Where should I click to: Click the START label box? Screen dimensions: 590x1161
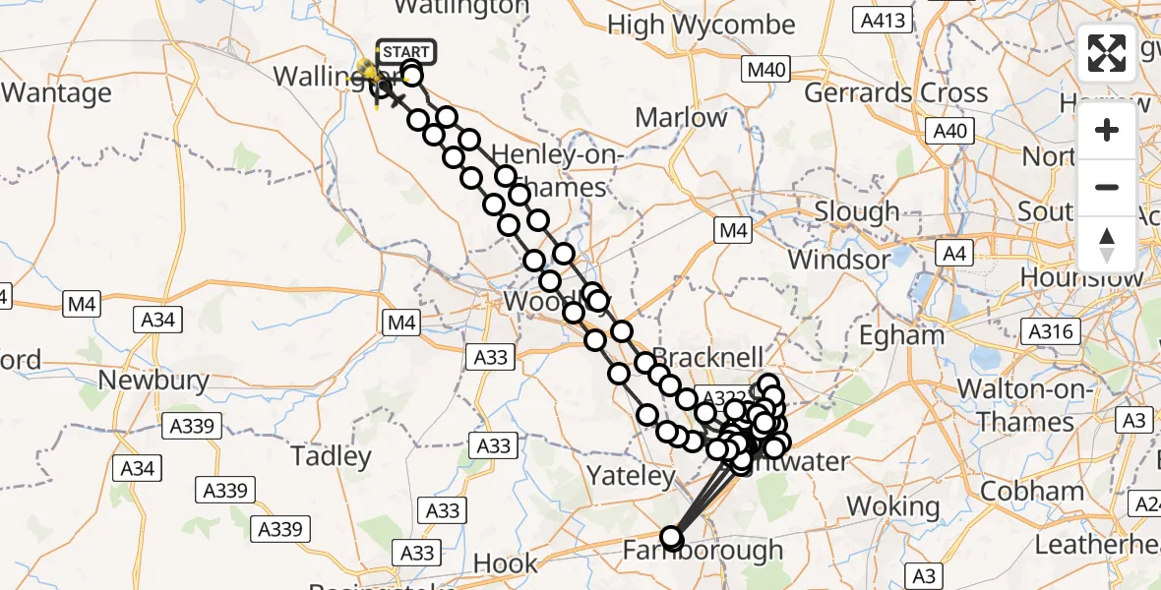(x=404, y=52)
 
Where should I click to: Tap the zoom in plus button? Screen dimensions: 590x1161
(x=1107, y=131)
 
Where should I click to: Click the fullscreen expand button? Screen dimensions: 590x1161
(x=1107, y=53)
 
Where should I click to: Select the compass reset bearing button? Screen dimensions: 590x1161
(x=1107, y=245)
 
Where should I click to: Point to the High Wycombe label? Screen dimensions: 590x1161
(x=715, y=25)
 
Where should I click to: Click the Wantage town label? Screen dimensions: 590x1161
(x=56, y=93)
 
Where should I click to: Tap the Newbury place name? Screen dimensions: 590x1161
(x=153, y=381)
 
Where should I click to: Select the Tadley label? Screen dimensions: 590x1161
(x=331, y=456)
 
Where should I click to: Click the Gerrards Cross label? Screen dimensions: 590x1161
(x=895, y=93)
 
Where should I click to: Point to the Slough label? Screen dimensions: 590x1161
(x=856, y=211)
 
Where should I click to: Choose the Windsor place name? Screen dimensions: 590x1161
(x=839, y=260)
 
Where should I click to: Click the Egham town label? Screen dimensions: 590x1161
(x=901, y=335)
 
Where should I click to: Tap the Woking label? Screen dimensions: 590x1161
(x=893, y=506)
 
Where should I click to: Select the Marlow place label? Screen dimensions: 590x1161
(x=681, y=118)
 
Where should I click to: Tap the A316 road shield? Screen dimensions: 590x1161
(x=1049, y=332)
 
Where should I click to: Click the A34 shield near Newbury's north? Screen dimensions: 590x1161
(x=157, y=319)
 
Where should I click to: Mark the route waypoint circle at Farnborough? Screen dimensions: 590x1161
(x=672, y=538)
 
